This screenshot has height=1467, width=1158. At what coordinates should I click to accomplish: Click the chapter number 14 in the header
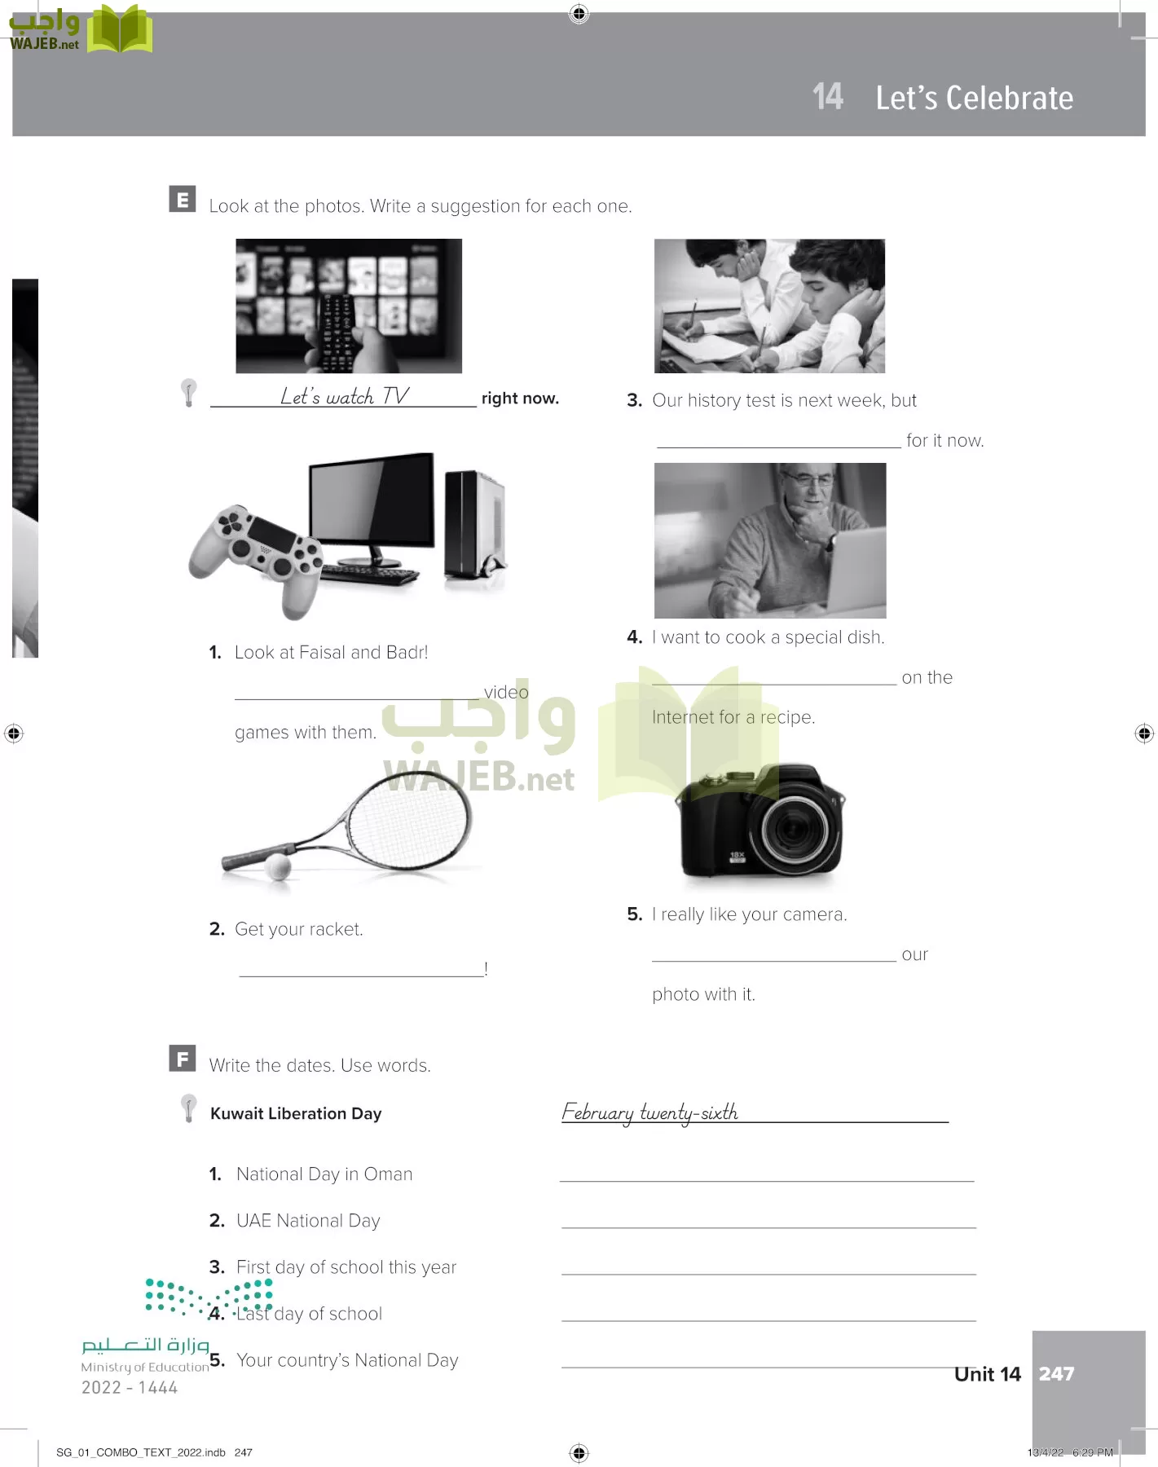point(828,97)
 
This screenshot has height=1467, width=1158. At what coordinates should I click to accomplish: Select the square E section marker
point(183,200)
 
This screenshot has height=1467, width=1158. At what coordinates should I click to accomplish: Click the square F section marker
point(183,1058)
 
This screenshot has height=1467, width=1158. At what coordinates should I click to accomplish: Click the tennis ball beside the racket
point(278,866)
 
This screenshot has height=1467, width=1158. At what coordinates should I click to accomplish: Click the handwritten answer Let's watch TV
point(344,396)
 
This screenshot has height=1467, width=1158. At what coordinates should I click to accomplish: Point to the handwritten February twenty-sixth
point(649,1112)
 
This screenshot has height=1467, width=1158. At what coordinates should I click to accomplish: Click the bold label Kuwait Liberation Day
point(296,1113)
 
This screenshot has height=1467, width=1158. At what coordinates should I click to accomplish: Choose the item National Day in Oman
point(324,1174)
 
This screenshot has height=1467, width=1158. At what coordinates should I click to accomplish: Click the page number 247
point(1056,1374)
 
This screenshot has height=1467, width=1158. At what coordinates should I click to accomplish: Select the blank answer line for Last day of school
point(768,1320)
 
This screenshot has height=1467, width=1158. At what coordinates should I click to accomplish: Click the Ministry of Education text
point(145,1368)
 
